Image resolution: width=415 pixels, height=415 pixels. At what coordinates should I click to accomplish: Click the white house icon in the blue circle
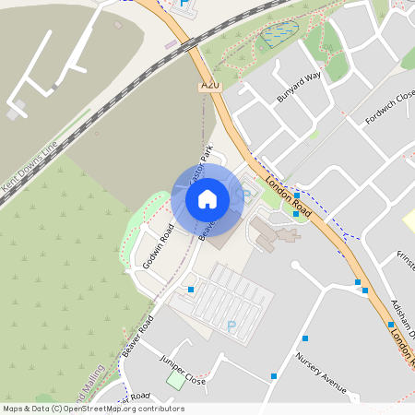(207, 197)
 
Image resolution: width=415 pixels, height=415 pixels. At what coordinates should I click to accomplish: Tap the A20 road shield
(211, 86)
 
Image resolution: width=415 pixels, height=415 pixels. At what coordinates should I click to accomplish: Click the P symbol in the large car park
(231, 326)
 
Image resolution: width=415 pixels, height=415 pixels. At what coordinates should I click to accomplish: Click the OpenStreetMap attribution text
(92, 409)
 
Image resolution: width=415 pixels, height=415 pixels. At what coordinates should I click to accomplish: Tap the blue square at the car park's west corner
(191, 290)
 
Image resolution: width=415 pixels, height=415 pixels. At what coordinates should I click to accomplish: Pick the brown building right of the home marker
(275, 230)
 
